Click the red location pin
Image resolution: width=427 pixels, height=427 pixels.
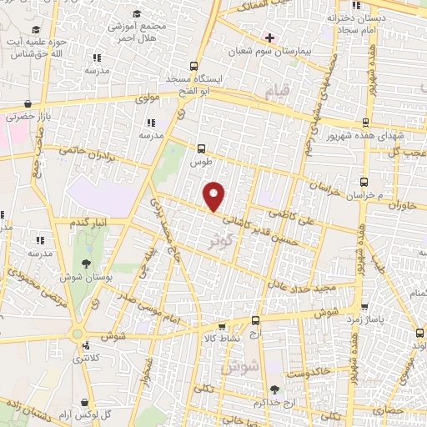(x=215, y=196)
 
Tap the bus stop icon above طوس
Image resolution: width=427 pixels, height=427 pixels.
(x=200, y=148)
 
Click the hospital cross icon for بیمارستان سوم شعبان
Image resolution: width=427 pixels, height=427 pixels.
(x=269, y=37)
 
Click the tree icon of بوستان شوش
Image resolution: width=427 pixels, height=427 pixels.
(x=63, y=264)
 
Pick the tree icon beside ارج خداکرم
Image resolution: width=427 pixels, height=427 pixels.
(x=274, y=389)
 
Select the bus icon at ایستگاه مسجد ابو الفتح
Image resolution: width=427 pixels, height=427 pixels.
(x=193, y=66)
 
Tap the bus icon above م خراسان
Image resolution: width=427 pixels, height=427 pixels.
(x=364, y=182)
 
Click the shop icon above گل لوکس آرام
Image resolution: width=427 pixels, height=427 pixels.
(x=88, y=399)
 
